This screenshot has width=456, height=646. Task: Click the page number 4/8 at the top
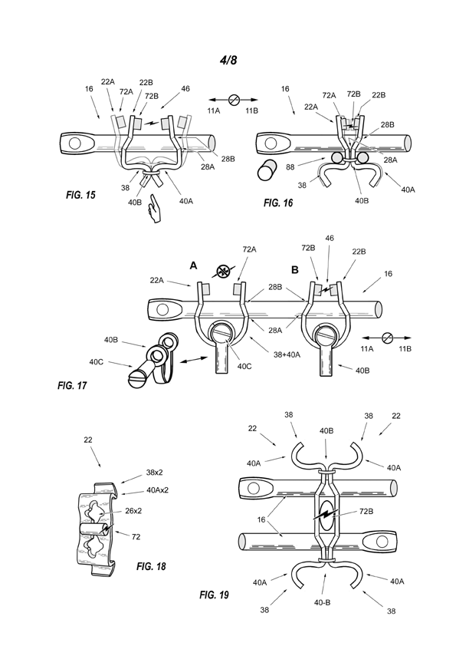click(228, 60)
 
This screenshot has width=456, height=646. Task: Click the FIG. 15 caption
click(80, 195)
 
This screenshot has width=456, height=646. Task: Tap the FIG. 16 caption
click(278, 203)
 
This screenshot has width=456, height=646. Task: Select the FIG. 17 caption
click(72, 386)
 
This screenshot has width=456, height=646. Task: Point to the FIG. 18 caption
click(151, 566)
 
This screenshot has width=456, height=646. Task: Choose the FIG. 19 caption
click(214, 595)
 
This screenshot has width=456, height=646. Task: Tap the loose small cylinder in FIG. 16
click(267, 170)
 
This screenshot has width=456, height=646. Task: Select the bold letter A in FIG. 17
click(193, 266)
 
